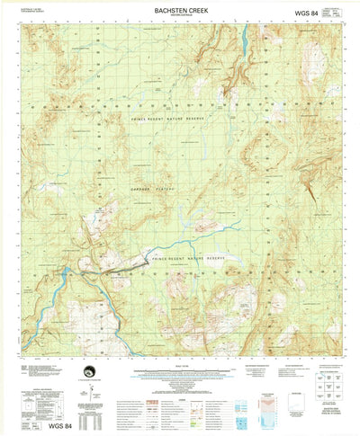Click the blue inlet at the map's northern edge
[245, 38]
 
